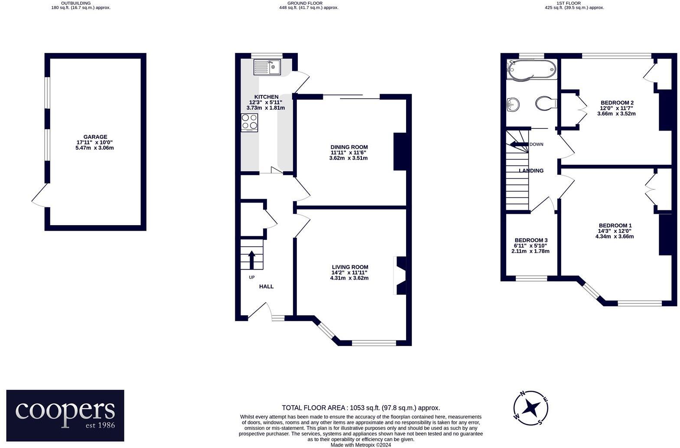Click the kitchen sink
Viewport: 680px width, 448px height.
(267, 67)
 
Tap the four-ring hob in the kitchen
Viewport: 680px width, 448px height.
(249, 122)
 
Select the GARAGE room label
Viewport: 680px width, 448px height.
(95, 137)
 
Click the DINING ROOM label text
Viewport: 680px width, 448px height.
(349, 147)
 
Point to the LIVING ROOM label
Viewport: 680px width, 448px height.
(350, 267)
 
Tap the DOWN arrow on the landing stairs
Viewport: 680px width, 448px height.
(518, 144)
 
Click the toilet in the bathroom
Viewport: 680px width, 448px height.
(545, 104)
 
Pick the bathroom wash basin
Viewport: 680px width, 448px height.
(513, 104)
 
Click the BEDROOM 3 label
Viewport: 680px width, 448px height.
(531, 240)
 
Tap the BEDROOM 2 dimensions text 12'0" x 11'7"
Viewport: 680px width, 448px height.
(617, 108)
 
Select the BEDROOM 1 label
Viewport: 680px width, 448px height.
(615, 226)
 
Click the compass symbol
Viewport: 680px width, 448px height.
(531, 408)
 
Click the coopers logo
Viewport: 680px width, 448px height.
(65, 415)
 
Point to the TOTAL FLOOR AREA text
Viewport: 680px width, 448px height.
(361, 408)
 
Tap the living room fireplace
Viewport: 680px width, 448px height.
(400, 275)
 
